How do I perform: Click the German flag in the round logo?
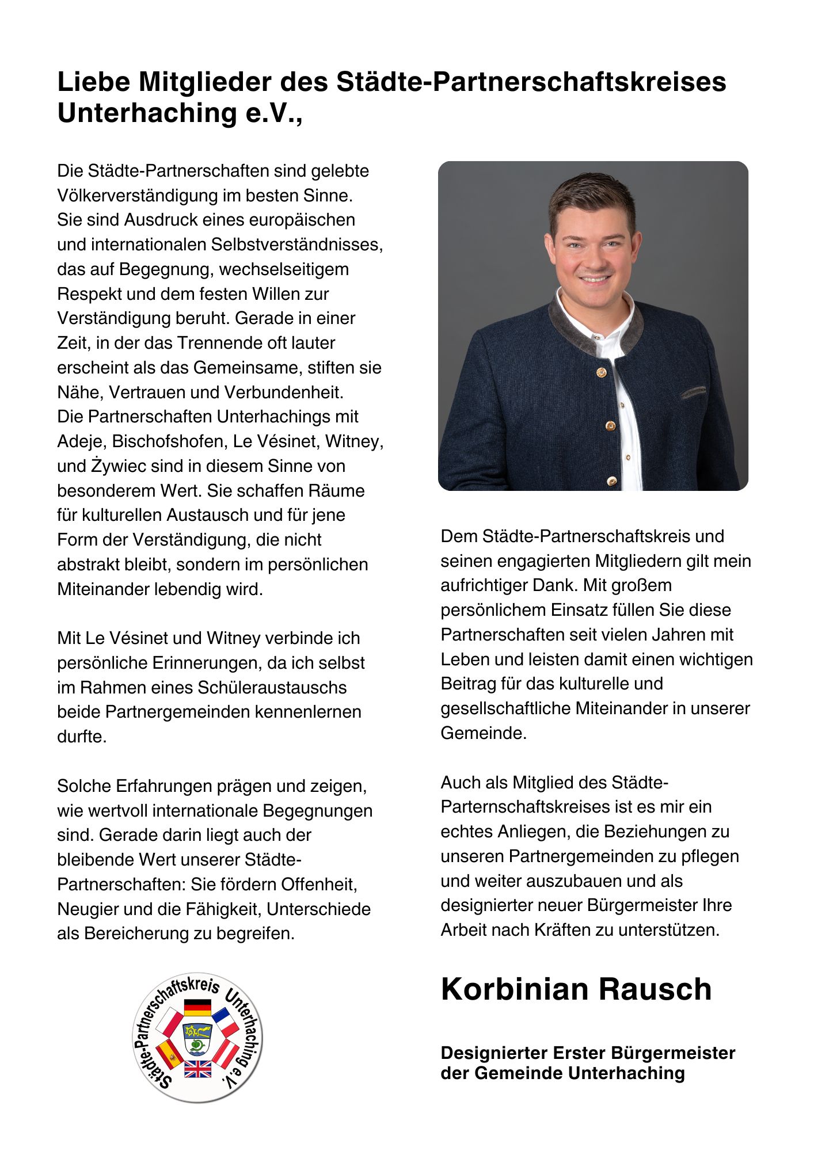click(x=197, y=1008)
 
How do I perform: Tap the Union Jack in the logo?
click(x=197, y=1069)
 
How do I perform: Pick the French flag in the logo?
click(x=226, y=1022)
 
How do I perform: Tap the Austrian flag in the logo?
click(x=226, y=1053)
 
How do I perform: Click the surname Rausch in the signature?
click(x=655, y=989)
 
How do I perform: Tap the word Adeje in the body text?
click(x=79, y=441)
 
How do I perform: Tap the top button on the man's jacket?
click(x=601, y=373)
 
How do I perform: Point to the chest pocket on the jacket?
click(x=693, y=393)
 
